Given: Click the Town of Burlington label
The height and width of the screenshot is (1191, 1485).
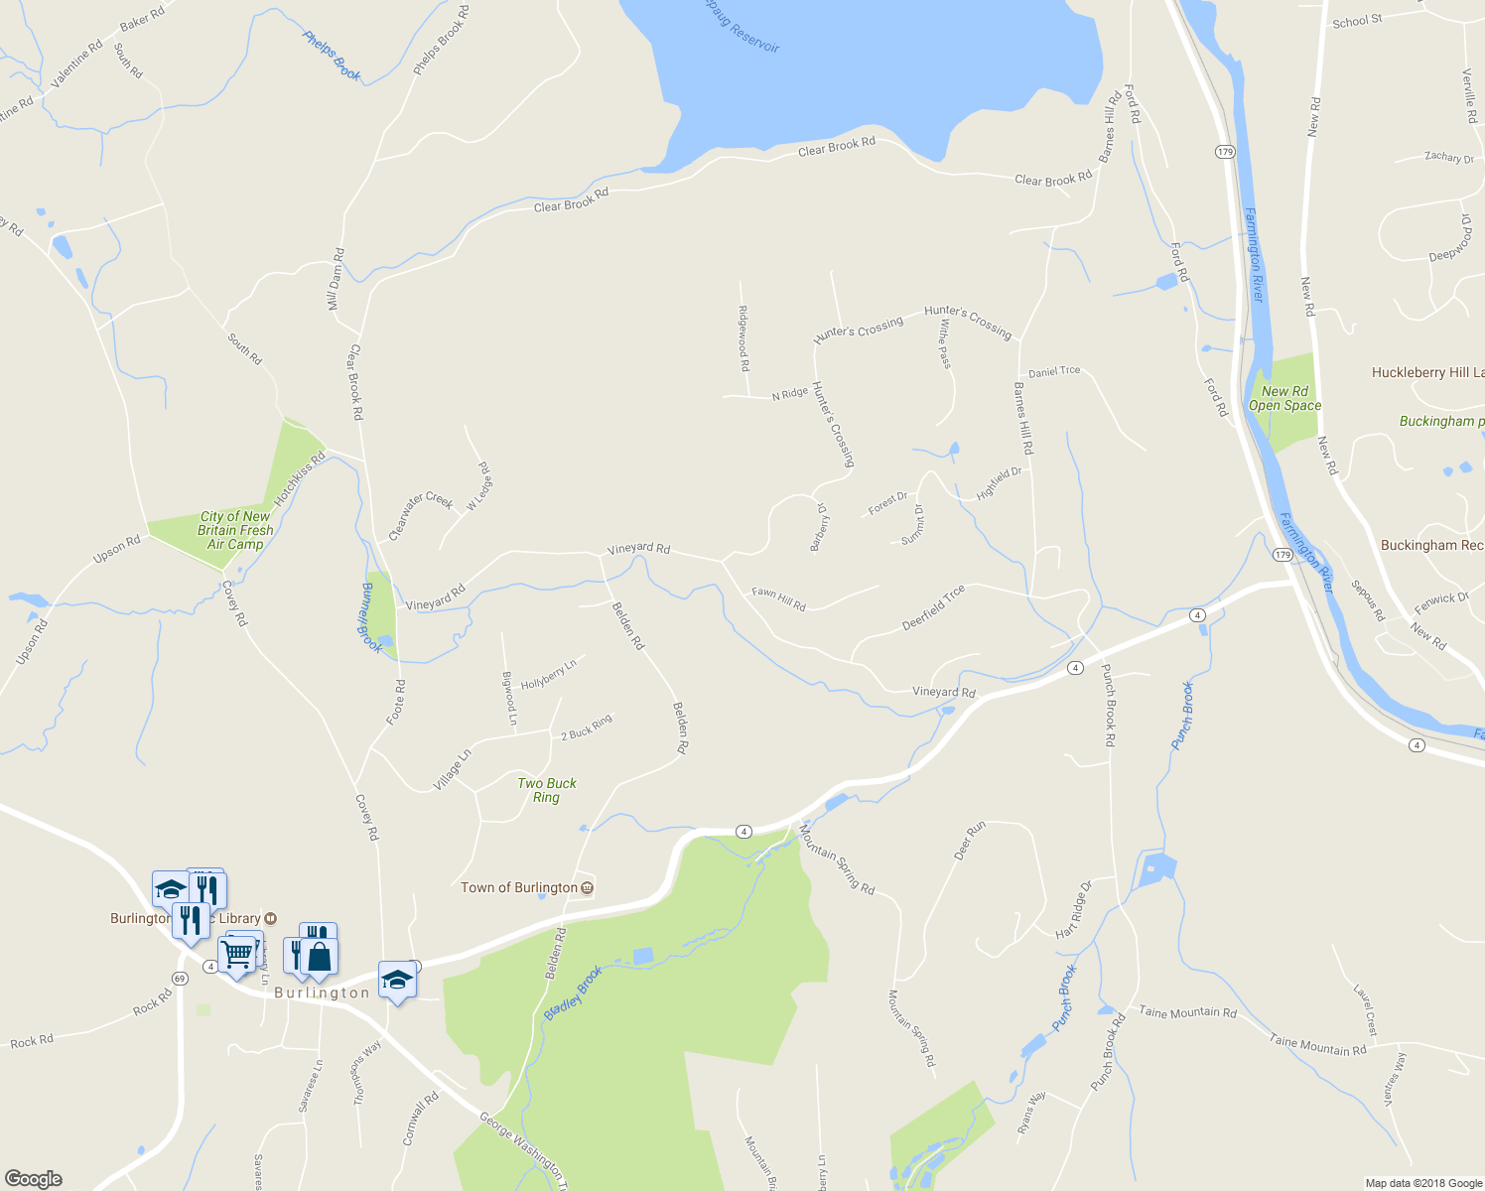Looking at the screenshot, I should click(x=519, y=887).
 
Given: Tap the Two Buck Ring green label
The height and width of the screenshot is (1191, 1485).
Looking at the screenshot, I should click(x=547, y=790).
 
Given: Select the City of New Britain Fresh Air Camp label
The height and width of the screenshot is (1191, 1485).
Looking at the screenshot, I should click(x=235, y=530).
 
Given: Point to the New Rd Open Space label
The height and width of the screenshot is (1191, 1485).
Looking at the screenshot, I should click(x=1284, y=398).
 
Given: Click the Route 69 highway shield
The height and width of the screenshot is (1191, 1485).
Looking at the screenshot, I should click(x=179, y=978).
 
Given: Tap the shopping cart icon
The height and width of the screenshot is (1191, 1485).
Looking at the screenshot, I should click(x=237, y=954).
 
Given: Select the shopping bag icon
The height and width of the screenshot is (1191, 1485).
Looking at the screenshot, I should click(x=320, y=956).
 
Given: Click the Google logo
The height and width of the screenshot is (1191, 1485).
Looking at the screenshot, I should click(x=33, y=1179).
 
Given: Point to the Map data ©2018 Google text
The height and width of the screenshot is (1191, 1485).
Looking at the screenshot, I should click(x=1423, y=1183).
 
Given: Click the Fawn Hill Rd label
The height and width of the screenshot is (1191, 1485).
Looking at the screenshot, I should click(x=778, y=598).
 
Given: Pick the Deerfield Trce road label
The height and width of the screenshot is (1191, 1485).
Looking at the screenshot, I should click(x=933, y=607).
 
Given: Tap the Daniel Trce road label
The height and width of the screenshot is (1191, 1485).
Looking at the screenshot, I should click(x=1054, y=371).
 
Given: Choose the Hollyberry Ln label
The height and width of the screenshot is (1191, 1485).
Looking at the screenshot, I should click(x=549, y=674).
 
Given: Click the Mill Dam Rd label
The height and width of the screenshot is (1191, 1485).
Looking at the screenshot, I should click(x=337, y=279).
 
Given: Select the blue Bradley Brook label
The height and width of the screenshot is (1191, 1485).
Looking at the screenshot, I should click(x=573, y=993).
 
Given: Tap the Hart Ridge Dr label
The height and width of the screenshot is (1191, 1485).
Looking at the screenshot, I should click(x=1072, y=909).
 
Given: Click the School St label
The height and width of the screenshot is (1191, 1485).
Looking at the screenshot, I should click(x=1357, y=21).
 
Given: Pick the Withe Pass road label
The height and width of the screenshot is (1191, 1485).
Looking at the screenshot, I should click(x=944, y=343).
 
